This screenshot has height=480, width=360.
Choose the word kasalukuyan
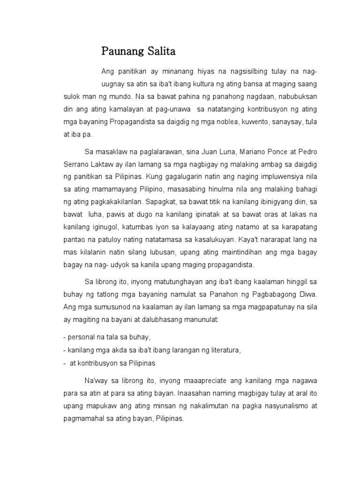pyautogui.click(x=212, y=240)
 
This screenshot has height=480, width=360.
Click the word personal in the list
pyautogui.click(x=81, y=337)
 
